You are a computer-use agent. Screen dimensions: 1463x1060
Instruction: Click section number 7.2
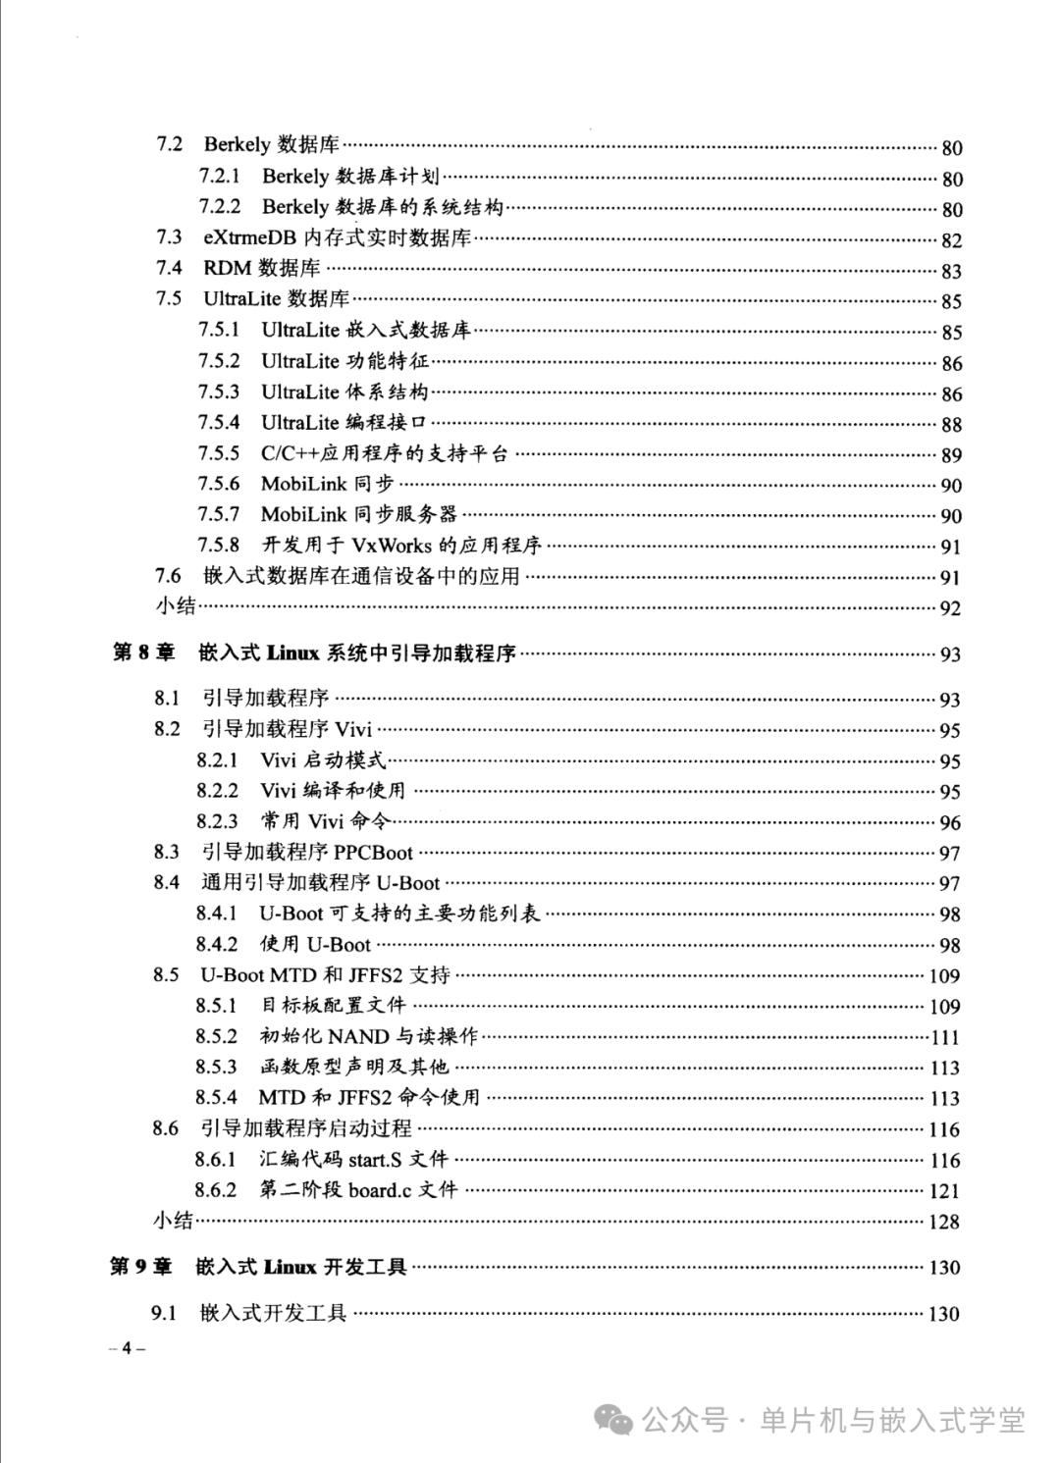169,145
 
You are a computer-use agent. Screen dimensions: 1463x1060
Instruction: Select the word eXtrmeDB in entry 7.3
249,237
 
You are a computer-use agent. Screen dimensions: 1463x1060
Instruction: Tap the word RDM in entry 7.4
226,268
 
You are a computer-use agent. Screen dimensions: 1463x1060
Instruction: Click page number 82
951,240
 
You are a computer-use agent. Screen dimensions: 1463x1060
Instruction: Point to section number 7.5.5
218,453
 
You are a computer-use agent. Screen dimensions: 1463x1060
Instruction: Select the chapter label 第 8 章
142,653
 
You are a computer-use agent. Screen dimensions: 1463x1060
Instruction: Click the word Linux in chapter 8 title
292,653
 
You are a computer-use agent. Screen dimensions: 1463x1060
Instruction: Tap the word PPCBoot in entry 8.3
373,853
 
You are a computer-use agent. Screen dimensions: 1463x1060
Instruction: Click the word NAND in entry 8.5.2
358,1036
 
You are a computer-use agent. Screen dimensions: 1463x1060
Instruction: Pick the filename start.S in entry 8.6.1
375,1160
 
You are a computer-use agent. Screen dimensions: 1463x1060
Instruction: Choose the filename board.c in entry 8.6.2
379,1190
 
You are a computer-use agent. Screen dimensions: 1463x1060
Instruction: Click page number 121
944,1191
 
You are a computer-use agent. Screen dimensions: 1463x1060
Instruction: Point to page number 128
944,1222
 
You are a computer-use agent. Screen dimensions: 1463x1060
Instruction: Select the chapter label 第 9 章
140,1267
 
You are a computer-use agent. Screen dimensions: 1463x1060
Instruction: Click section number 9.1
164,1313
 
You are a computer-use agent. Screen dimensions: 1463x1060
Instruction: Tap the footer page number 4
126,1348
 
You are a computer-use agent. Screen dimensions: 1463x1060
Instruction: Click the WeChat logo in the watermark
615,1420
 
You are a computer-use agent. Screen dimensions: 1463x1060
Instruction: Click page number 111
945,1037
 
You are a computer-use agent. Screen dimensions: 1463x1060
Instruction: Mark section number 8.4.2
216,944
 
